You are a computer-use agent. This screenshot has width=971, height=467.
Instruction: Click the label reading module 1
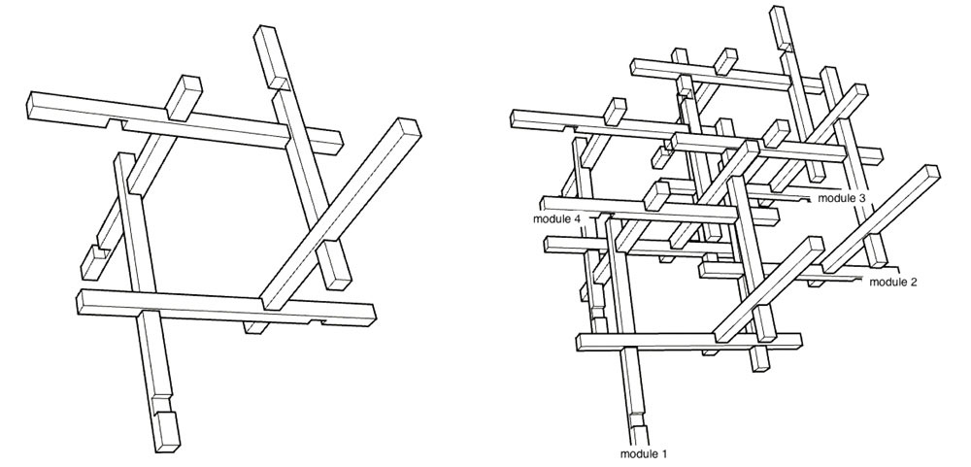click(644, 454)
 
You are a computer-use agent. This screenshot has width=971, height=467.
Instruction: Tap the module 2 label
click(893, 283)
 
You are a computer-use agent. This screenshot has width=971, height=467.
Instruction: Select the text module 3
click(842, 198)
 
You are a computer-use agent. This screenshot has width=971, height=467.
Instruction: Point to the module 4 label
click(556, 219)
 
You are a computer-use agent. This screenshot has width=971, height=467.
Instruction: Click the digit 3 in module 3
click(862, 198)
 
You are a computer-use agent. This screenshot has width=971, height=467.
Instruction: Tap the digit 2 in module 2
click(914, 283)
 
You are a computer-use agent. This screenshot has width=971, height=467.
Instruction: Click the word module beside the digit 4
click(552, 219)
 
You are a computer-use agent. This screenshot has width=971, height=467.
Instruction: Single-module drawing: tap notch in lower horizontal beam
click(317, 321)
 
